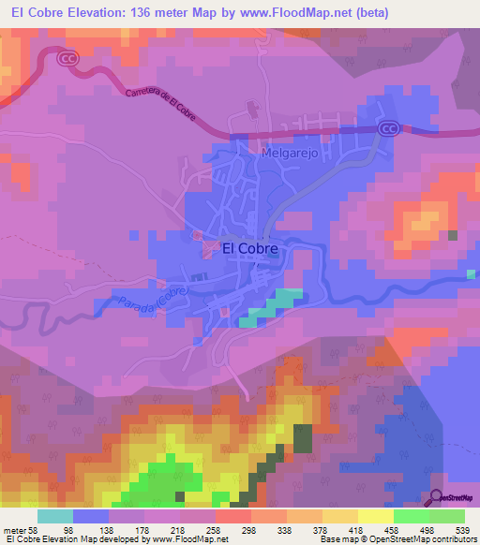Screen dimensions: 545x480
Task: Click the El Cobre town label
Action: [249, 249]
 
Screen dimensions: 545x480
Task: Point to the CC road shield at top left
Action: [66, 58]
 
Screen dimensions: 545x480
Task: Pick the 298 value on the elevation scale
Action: [250, 529]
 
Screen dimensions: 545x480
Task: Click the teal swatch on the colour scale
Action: [55, 516]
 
